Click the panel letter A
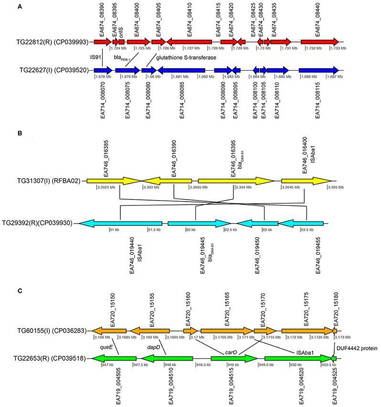tap(20, 7)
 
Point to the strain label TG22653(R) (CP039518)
tap(53, 358)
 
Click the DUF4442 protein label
tap(358, 349)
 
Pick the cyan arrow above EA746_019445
tap(199, 223)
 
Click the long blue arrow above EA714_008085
tap(181, 70)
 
